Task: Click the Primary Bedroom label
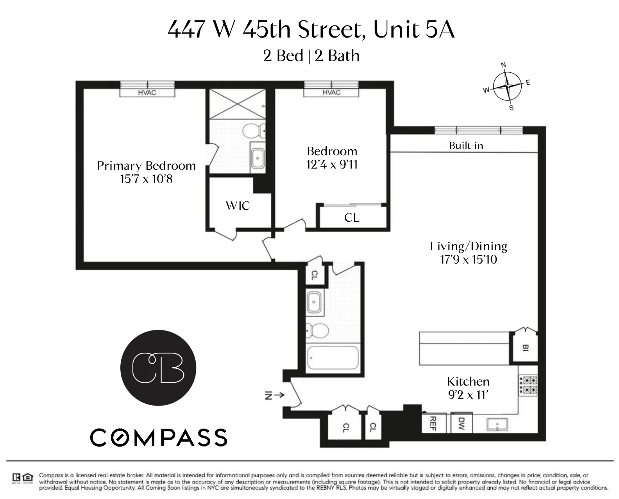(x=146, y=166)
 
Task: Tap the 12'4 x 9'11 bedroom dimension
(x=332, y=165)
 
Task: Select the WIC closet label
(x=238, y=206)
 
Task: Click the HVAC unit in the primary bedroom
(x=147, y=93)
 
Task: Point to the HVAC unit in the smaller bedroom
(x=331, y=93)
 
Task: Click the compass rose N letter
(x=503, y=65)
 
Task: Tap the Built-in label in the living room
(x=466, y=146)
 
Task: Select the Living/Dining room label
(x=469, y=246)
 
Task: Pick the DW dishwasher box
(x=462, y=423)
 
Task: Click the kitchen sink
(x=497, y=424)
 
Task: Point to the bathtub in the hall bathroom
(x=333, y=357)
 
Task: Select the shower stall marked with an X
(x=237, y=104)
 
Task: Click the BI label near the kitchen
(x=525, y=347)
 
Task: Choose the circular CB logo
(x=158, y=368)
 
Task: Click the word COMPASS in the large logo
(x=159, y=438)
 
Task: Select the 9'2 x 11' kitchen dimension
(x=468, y=395)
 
